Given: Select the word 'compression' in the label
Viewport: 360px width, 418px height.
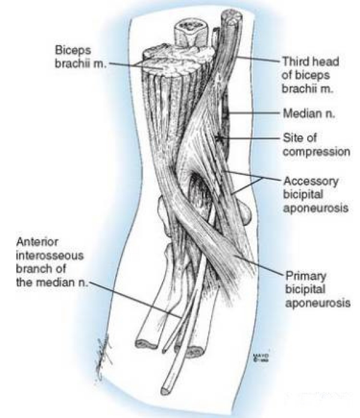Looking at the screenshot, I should tap(315, 152).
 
